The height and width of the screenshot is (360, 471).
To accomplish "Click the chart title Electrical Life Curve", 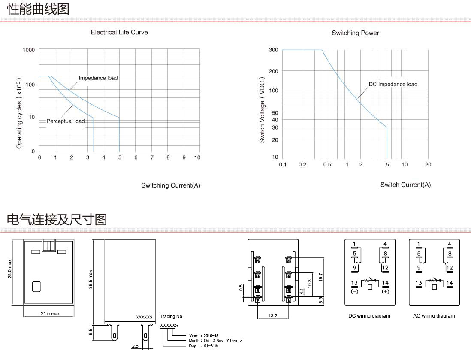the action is (x=119, y=32).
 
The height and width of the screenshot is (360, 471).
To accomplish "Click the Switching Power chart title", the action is (x=355, y=33).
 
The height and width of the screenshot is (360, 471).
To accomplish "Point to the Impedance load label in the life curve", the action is (x=98, y=78).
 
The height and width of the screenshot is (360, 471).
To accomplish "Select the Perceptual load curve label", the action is (x=66, y=121).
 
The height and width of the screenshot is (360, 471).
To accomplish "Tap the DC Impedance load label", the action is (x=393, y=84).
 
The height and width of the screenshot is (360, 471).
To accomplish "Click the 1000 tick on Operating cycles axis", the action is (x=29, y=50).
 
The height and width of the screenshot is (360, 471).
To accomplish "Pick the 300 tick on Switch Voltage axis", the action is (x=273, y=50).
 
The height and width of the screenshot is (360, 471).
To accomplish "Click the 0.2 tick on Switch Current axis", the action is (x=302, y=165).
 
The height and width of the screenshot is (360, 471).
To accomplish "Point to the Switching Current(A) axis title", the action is (x=171, y=185).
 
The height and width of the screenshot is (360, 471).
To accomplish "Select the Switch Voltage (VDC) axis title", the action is (x=262, y=110).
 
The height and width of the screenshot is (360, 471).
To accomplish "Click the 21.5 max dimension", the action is (x=50, y=313).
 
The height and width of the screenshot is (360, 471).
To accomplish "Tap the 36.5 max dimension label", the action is (x=91, y=279).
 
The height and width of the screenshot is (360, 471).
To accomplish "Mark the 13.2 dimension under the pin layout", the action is (x=273, y=315).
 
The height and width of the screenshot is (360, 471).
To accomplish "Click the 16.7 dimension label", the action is (x=320, y=277).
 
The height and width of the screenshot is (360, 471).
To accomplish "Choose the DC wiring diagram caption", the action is (x=369, y=316).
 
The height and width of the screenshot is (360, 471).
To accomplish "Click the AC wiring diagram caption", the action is (x=434, y=316).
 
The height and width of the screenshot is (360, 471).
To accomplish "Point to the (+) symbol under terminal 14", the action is (x=385, y=292).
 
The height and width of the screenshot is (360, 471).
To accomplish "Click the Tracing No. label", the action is (x=172, y=316).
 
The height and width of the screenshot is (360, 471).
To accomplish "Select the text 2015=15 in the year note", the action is (x=211, y=336).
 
